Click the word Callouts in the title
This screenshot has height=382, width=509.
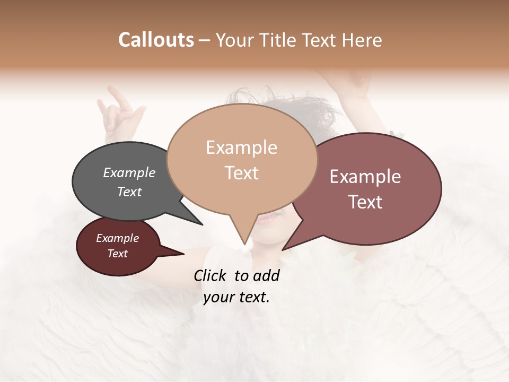point(156,40)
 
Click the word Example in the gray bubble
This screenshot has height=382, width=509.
point(129,172)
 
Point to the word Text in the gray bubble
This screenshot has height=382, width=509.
point(129,192)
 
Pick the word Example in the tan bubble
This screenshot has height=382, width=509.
point(241,147)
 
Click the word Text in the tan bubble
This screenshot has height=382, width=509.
point(242,173)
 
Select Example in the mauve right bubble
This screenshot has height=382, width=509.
point(365,177)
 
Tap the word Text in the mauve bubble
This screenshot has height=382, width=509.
point(365,202)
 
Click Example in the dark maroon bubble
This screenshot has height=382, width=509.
point(118,238)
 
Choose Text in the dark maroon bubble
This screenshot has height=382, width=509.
point(118,254)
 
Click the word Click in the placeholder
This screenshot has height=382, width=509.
point(211,275)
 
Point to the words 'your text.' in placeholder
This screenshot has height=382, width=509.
point(236,297)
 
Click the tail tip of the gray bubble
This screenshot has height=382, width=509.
point(201,224)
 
